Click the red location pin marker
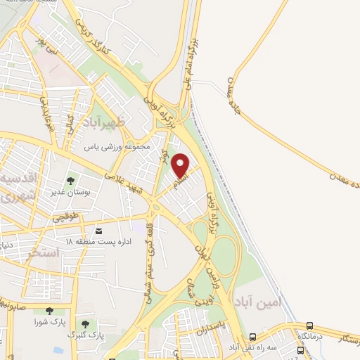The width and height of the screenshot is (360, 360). [181, 165]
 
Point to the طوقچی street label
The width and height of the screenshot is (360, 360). [65, 217]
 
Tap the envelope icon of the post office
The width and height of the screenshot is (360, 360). [98, 231]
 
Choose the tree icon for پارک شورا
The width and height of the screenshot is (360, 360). [49, 311]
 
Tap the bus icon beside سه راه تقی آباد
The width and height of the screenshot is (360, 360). [253, 337]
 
